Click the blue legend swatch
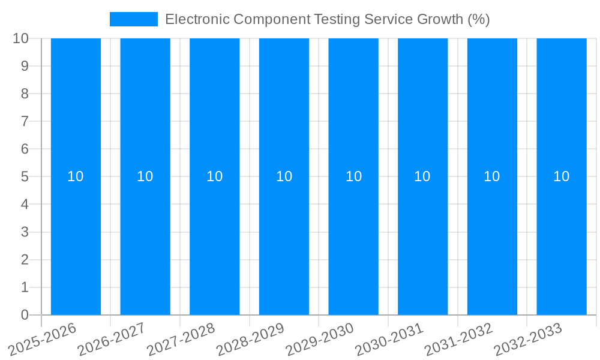point(133,19)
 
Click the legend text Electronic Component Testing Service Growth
point(327,19)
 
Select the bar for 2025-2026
point(76,240)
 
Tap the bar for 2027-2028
point(214,240)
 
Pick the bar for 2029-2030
point(353,240)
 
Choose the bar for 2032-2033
point(561,240)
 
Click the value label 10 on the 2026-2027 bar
point(145,176)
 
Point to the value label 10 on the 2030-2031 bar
point(422,176)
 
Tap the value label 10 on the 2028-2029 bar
point(284,176)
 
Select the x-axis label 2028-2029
point(251,339)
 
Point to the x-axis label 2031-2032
point(459,339)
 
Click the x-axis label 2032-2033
point(528,339)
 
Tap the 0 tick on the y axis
point(25,315)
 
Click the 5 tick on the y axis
point(25,176)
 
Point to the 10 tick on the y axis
point(20,38)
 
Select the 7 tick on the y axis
point(25,121)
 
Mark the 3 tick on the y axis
point(25,232)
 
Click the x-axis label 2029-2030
point(320,339)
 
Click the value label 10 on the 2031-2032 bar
point(492,176)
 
